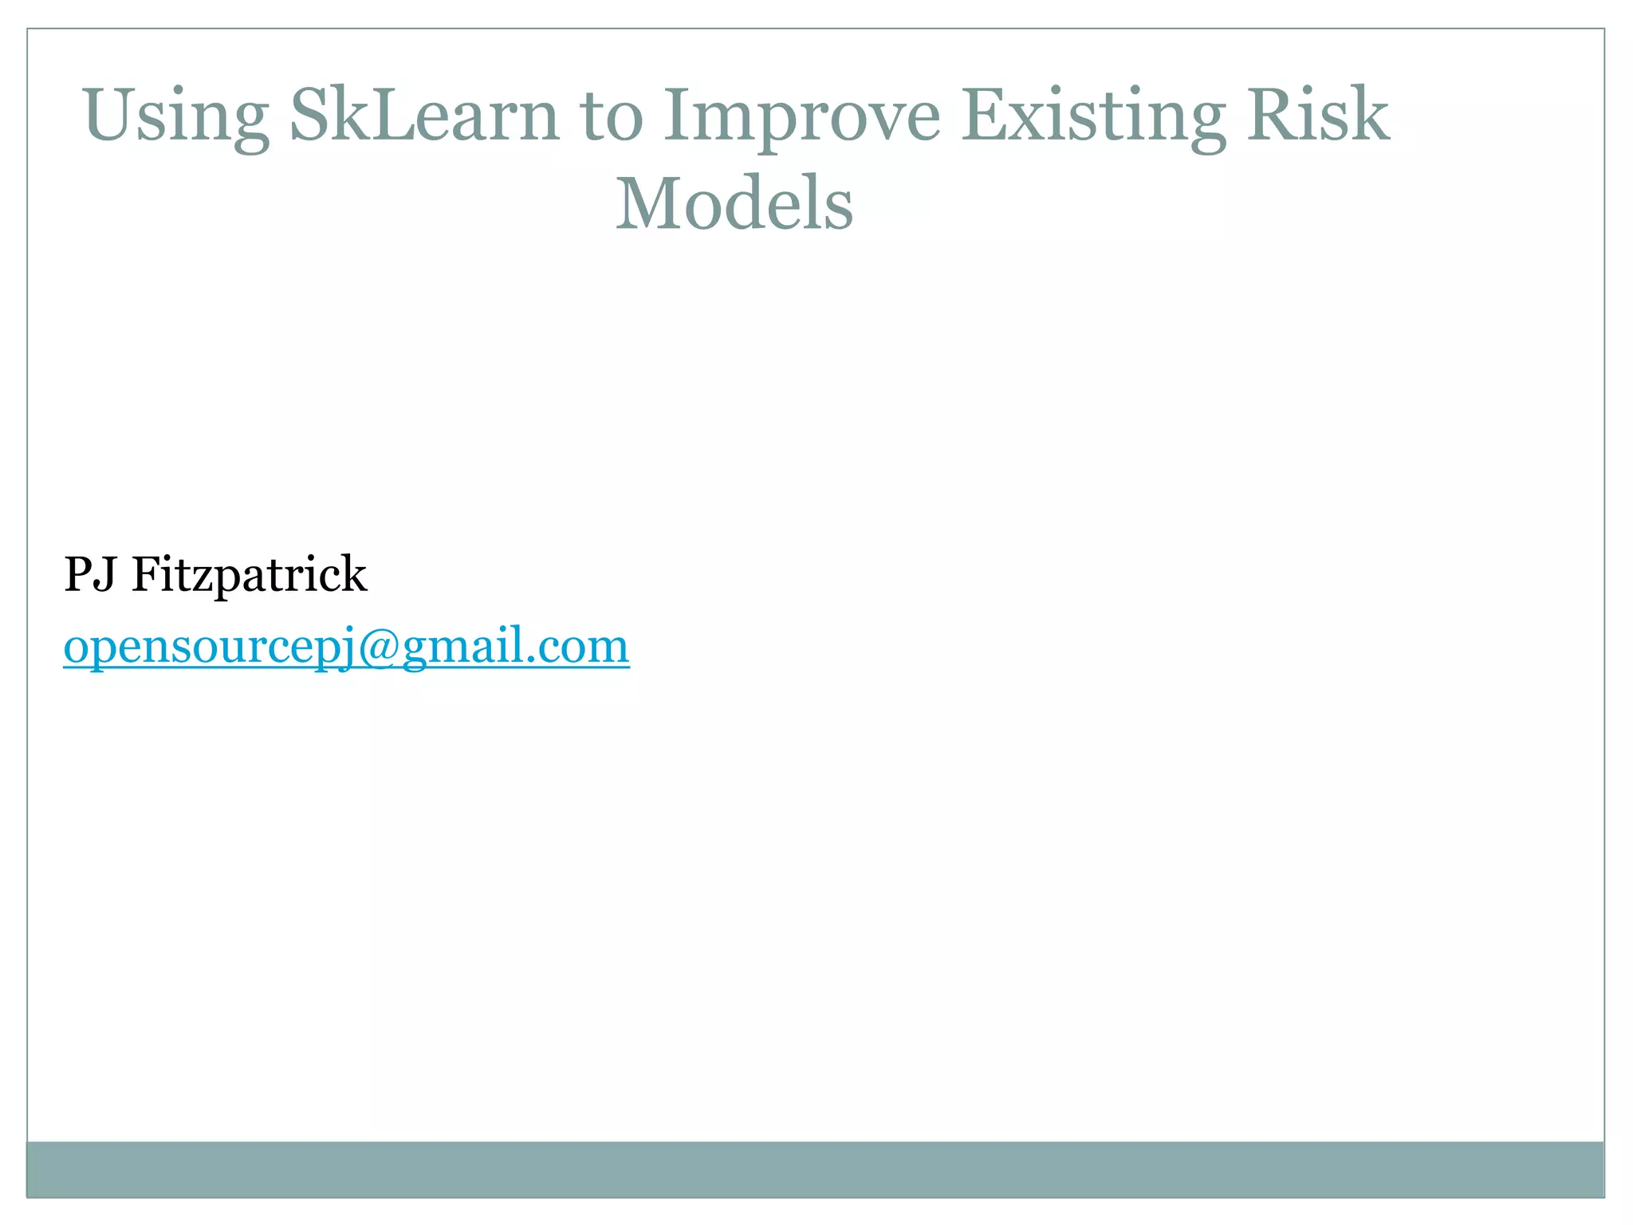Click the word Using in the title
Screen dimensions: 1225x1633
175,116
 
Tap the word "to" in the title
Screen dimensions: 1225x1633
612,116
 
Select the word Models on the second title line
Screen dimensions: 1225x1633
734,204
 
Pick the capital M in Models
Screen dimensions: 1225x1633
647,204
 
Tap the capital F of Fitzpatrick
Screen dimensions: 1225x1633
148,574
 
